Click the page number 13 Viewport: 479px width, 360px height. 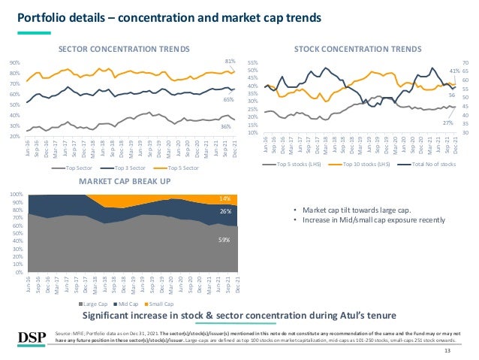tap(448, 351)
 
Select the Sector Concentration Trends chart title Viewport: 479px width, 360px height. tap(124, 49)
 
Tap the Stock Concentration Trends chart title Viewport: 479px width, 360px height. tap(357, 49)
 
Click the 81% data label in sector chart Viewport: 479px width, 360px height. tap(230, 61)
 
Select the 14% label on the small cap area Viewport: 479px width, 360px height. tap(225, 198)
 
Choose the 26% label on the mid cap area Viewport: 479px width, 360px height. tap(225, 212)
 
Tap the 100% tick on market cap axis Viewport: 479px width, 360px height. tap(15, 194)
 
